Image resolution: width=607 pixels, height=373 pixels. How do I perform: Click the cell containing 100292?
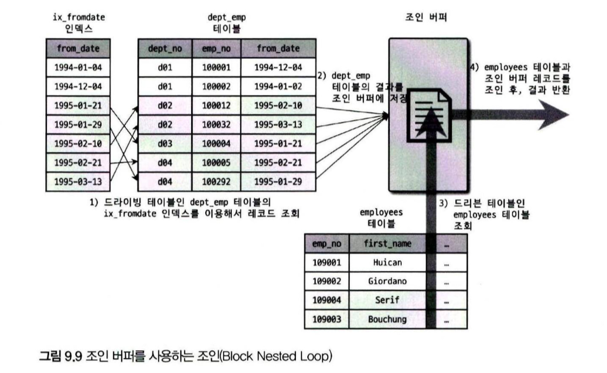tap(215, 181)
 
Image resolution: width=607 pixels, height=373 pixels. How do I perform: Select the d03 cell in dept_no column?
tap(165, 143)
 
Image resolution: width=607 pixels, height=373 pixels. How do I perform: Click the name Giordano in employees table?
tap(387, 281)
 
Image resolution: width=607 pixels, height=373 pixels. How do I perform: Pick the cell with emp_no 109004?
tap(327, 300)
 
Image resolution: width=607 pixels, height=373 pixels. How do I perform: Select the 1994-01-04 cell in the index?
tap(78, 67)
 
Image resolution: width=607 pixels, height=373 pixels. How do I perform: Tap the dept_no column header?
tap(165, 49)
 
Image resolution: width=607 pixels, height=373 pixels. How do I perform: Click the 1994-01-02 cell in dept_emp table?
tap(278, 86)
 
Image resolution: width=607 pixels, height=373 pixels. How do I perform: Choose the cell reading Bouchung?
tap(387, 319)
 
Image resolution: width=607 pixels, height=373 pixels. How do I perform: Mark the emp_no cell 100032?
tap(215, 124)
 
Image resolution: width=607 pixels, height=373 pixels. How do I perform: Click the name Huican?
tap(387, 262)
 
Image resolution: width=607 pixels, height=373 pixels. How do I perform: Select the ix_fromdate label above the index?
tap(79, 17)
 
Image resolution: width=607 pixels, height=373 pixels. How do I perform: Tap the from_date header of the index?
tap(78, 49)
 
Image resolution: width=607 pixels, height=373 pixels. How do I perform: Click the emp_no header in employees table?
tap(327, 243)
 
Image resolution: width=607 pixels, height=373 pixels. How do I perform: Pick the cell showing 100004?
tap(215, 143)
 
